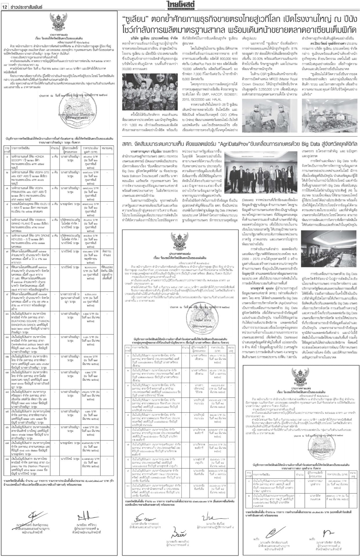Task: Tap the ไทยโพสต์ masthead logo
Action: (180, 4)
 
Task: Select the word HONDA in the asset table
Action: (38, 156)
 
